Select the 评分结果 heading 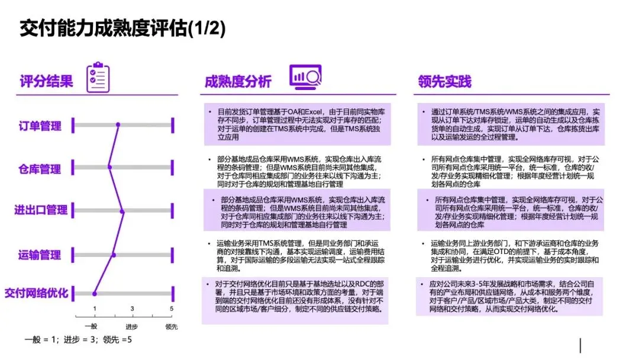point(46,81)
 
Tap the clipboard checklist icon point(98,77)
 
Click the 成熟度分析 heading point(238,82)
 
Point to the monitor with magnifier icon point(305,76)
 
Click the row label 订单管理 point(40,126)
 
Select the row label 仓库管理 point(40,169)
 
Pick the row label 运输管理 point(40,255)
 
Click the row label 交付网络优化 point(36,292)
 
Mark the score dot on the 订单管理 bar point(118,124)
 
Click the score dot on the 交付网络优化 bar point(95,292)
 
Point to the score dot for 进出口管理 point(122,211)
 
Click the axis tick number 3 point(132,308)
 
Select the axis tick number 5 point(172,308)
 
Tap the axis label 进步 point(131,326)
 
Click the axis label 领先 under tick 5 point(172,326)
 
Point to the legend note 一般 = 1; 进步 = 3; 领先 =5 point(78,340)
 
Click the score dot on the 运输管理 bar point(114,255)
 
